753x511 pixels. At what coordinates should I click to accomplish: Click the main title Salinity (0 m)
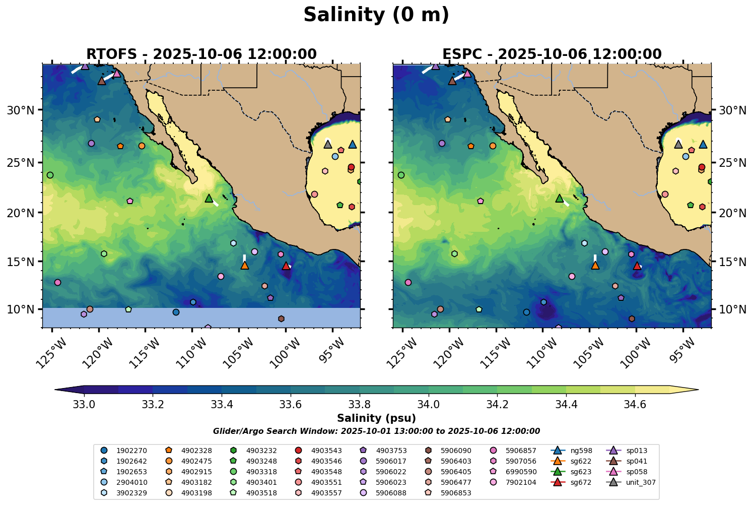pos(376,15)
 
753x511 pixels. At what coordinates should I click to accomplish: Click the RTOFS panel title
pos(201,54)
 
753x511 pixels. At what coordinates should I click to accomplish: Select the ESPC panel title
pos(552,54)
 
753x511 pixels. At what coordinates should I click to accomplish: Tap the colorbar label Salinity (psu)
pos(376,418)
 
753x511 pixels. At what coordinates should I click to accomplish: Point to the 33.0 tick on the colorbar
pos(84,404)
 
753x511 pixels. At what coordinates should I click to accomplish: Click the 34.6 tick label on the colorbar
pos(635,404)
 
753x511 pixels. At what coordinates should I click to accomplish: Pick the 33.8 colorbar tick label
pos(359,404)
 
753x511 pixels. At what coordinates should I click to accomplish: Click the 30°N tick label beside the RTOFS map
pos(21,110)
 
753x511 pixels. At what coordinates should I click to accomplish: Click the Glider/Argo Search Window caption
pos(376,431)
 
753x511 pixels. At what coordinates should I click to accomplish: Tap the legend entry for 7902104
pos(521,482)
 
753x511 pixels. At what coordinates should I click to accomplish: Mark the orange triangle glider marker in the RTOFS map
pos(245,265)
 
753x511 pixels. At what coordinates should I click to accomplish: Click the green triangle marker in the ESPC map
pos(559,199)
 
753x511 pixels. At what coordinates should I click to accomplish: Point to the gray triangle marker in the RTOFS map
pos(328,144)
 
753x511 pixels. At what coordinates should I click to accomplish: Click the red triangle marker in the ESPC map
pos(637,266)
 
